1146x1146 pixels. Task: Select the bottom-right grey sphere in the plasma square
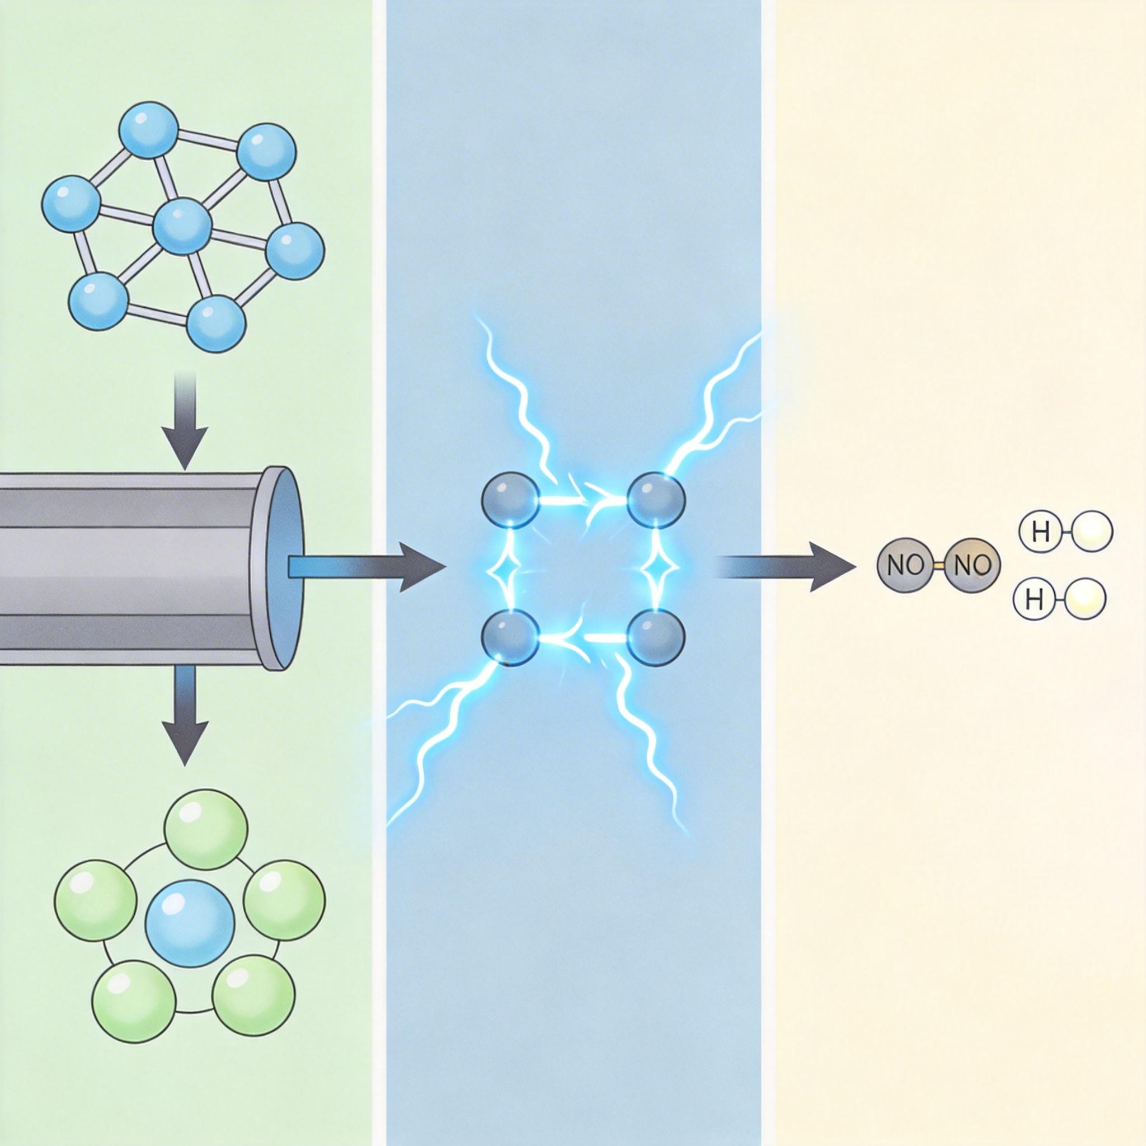pyautogui.click(x=656, y=636)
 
